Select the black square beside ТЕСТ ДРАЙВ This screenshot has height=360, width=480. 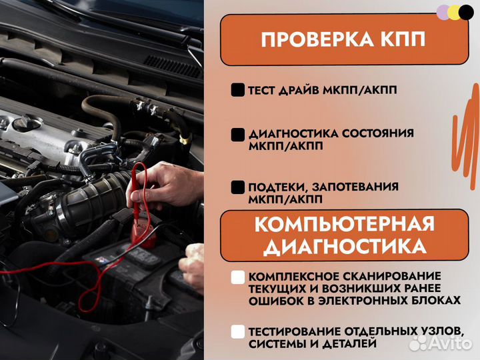pyautogui.click(x=237, y=90)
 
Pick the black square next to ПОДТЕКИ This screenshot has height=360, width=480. pyautogui.click(x=237, y=187)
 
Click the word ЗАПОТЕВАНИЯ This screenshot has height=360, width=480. pyautogui.click(x=363, y=187)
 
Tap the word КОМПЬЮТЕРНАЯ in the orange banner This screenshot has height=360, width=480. pyautogui.click(x=344, y=224)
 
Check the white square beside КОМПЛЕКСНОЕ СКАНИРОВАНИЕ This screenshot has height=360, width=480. pyautogui.click(x=237, y=277)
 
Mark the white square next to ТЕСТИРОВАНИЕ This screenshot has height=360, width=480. pyautogui.click(x=237, y=331)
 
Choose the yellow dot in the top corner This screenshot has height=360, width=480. pyautogui.click(x=455, y=12)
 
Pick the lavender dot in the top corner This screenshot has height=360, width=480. pyautogui.click(x=443, y=12)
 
